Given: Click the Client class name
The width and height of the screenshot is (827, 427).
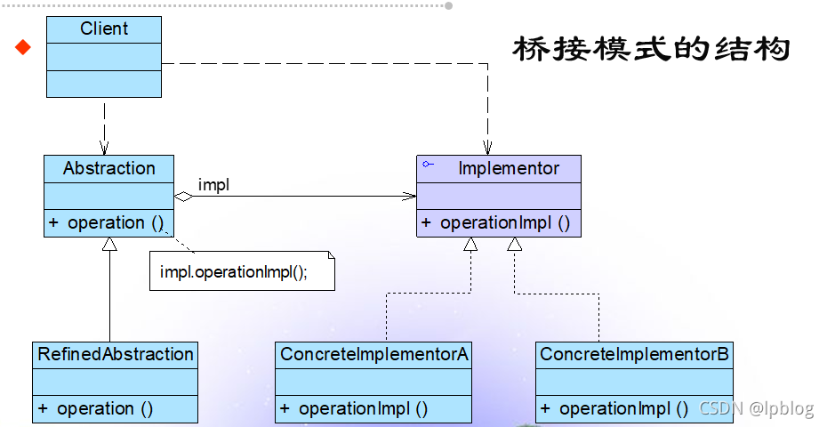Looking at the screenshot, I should (104, 29).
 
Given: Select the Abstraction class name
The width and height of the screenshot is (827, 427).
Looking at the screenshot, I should (108, 168).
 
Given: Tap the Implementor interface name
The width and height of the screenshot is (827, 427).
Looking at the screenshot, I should (509, 168).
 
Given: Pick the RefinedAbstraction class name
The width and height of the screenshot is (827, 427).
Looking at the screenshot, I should (116, 354).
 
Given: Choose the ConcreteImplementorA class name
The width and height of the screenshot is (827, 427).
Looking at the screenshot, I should (373, 354).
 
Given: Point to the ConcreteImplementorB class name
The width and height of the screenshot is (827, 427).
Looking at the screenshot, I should (635, 354).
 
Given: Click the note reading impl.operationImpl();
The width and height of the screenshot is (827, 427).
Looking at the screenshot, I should (234, 272).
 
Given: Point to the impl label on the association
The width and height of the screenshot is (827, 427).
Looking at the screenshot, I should (213, 185).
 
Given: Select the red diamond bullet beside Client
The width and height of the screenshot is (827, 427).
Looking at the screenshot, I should (23, 47).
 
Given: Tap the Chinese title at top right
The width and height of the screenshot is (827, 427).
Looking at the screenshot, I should (651, 49).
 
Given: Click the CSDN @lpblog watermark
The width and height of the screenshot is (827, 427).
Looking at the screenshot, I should (756, 408).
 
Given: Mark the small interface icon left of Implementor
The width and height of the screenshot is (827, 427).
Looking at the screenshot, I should (429, 165).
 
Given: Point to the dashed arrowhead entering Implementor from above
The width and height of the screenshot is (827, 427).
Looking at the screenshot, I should (487, 149).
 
